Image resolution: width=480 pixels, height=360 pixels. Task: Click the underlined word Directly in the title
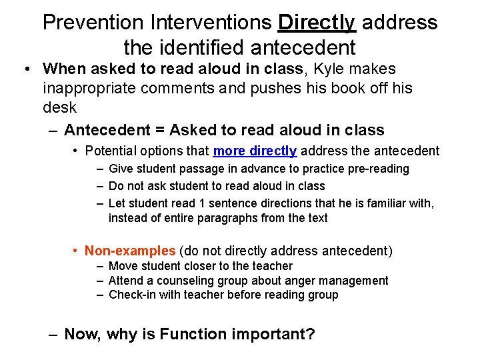pos(317,23)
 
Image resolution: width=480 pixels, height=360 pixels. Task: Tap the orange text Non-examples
pos(130,251)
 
